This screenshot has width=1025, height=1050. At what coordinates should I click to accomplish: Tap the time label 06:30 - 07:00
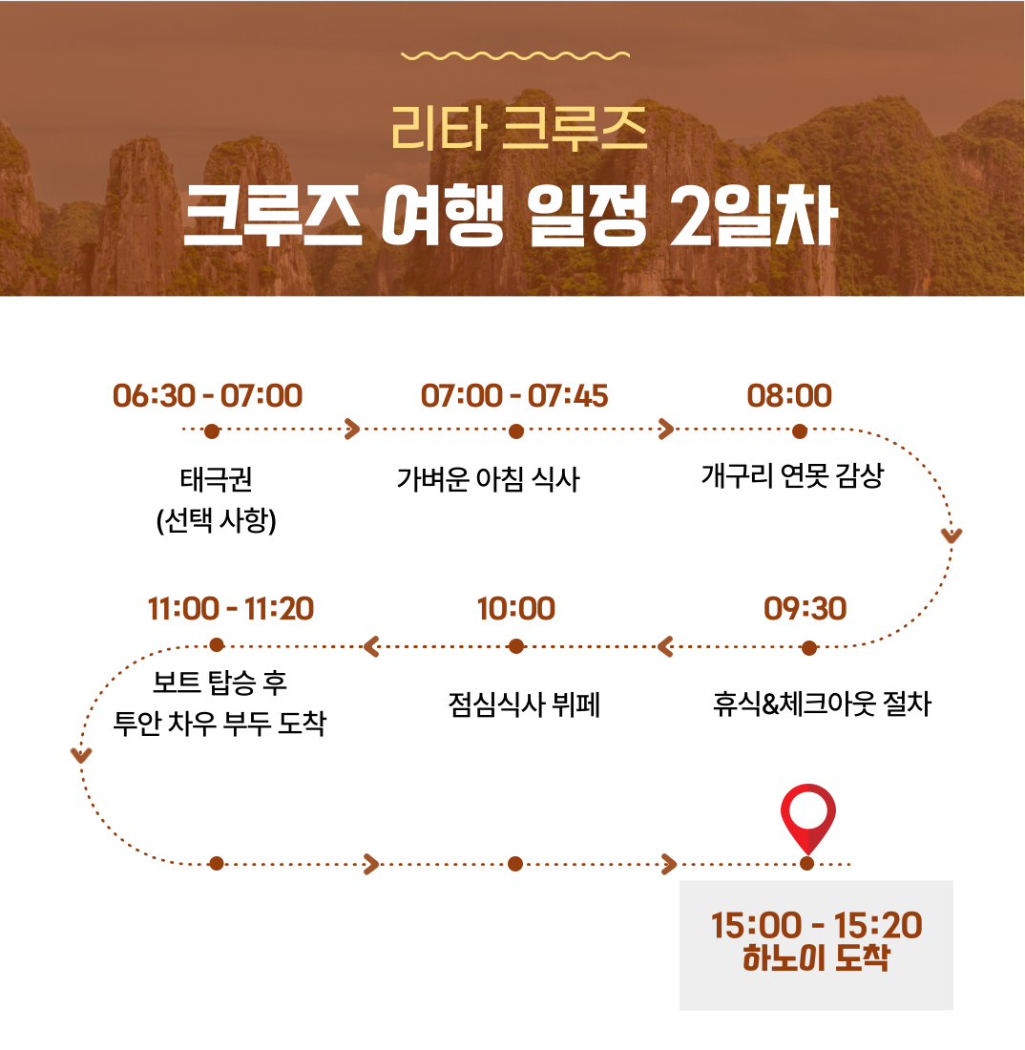tap(207, 396)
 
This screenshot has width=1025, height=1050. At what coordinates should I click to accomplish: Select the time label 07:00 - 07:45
tap(514, 396)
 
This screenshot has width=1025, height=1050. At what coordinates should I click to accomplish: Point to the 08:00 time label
tap(789, 396)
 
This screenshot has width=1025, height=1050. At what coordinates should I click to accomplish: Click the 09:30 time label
tap(805, 609)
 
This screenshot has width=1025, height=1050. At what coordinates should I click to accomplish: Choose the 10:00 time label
tap(516, 609)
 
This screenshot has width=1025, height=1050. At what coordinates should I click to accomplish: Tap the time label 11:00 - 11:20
tap(230, 609)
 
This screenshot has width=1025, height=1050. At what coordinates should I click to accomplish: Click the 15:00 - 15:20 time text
tap(817, 926)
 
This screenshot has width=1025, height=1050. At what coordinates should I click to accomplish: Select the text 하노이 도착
tap(817, 957)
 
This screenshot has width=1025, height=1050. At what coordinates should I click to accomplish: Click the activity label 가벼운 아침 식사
tap(488, 479)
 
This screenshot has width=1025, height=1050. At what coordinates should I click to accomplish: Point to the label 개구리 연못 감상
tap(793, 476)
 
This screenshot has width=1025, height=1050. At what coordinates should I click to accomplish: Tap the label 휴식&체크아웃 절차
tap(822, 703)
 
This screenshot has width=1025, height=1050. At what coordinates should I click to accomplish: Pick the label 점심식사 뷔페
tap(524, 703)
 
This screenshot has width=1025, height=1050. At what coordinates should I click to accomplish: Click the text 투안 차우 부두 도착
tap(220, 724)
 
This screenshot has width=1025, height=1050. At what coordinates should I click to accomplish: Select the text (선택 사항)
tap(217, 520)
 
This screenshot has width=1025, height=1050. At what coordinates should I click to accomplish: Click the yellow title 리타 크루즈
tap(519, 129)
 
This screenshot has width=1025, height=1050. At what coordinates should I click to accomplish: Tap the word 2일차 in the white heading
tap(753, 216)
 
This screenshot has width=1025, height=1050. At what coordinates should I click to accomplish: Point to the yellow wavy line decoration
tap(514, 55)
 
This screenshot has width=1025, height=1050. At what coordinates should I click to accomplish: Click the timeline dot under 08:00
tap(800, 431)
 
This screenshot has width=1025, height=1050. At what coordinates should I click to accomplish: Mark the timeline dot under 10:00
tap(516, 646)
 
